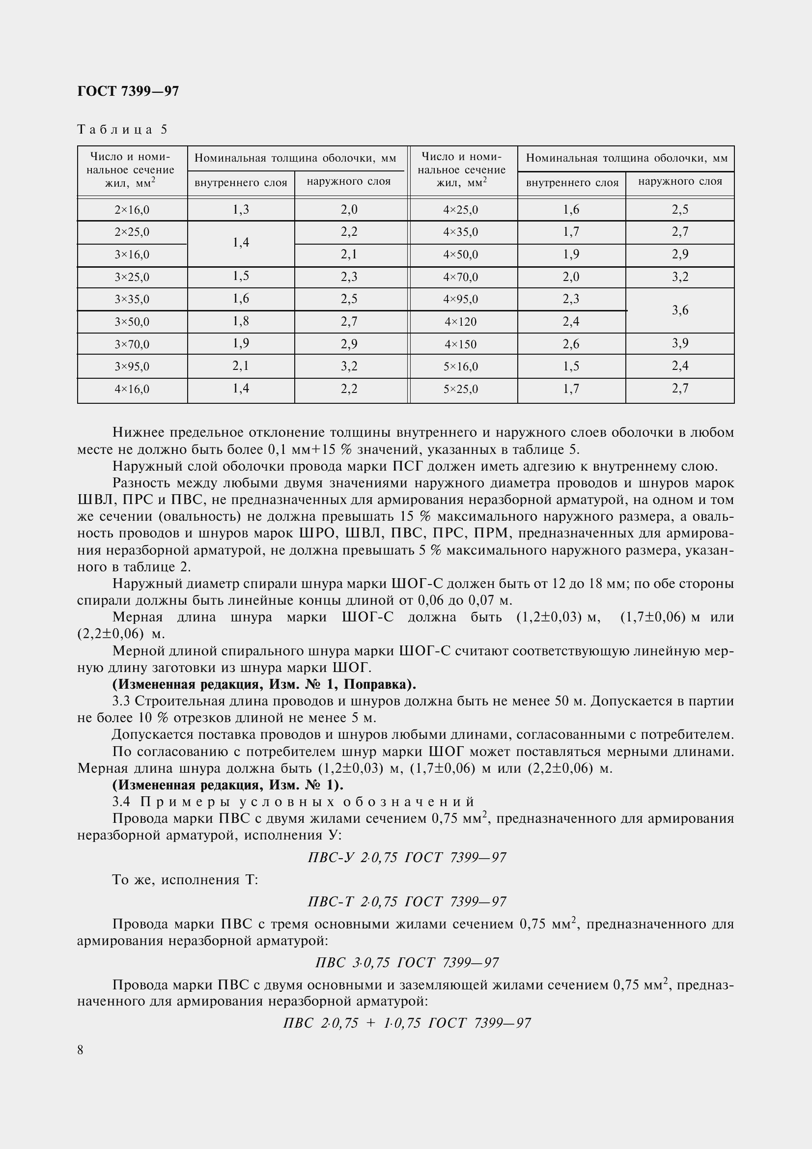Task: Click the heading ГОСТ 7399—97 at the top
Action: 128,91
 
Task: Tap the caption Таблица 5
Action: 123,130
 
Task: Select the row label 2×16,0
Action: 132,210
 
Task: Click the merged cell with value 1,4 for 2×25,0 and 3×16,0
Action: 241,243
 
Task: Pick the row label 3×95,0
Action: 132,367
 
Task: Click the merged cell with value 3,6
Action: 680,310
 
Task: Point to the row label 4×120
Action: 461,322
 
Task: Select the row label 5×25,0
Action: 461,389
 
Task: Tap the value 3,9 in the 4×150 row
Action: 680,343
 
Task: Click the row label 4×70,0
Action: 461,277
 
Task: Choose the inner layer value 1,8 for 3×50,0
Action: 241,321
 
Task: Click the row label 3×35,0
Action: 132,300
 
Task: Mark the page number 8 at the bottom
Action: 81,1050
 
